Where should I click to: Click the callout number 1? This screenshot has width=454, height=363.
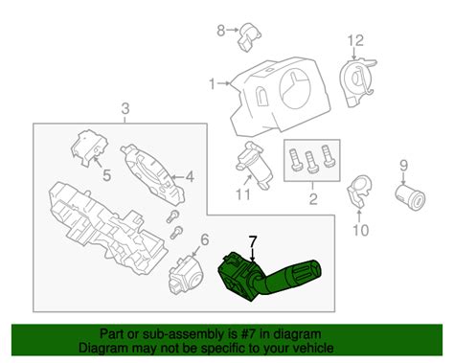click(x=213, y=85)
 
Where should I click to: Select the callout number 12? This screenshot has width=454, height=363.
click(x=356, y=40)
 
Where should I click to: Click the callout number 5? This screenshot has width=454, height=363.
click(x=105, y=174)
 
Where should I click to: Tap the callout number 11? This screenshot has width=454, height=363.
click(x=242, y=196)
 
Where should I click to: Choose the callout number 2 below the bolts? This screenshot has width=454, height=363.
click(x=310, y=199)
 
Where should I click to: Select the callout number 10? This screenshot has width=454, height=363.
click(x=359, y=229)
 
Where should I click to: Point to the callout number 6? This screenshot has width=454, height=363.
click(x=204, y=240)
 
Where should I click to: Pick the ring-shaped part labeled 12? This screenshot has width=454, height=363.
click(x=358, y=82)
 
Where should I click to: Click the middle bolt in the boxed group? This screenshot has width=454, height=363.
click(x=310, y=157)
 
